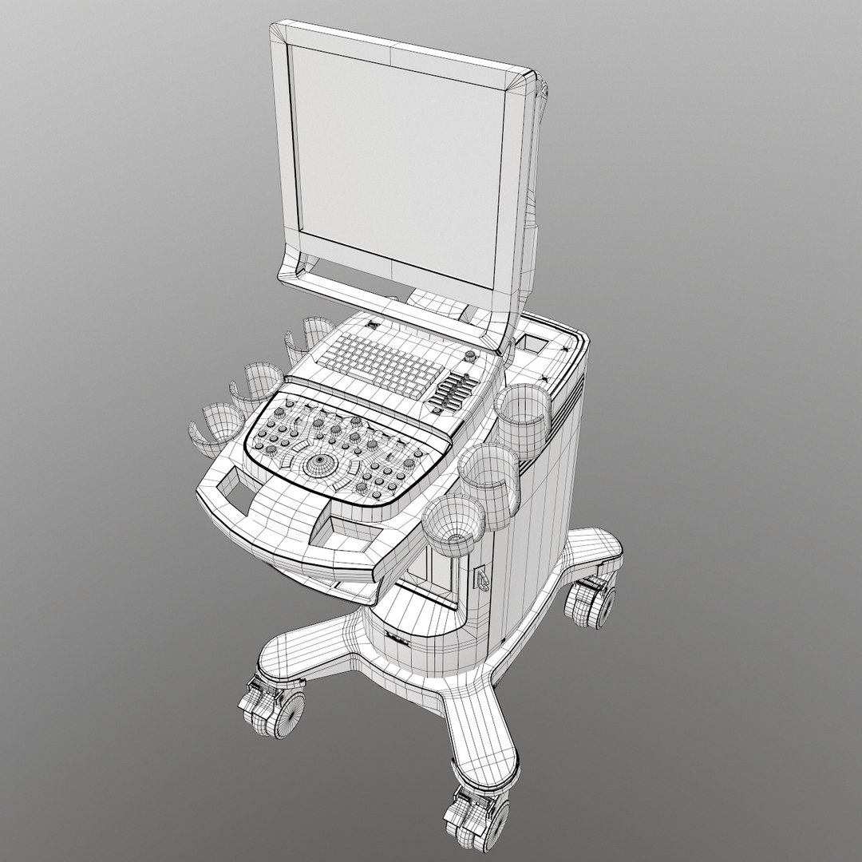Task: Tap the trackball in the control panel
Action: click(322, 462)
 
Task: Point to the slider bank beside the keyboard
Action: click(453, 393)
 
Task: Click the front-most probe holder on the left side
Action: click(214, 427)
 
